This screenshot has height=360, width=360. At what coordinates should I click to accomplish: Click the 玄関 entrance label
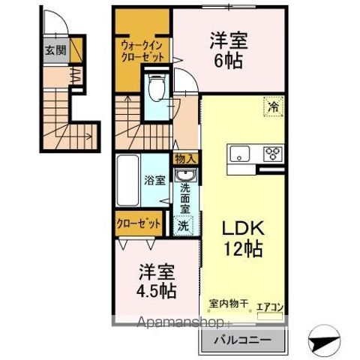point(55,51)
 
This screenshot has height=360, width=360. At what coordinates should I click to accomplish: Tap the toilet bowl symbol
point(156,88)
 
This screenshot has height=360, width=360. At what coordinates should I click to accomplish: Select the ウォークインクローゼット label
point(142,52)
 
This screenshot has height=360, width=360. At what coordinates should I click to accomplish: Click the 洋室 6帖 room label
point(229,51)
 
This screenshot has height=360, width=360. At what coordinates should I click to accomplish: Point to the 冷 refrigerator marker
point(273,106)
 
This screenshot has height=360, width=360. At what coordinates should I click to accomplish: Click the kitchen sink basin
point(240,153)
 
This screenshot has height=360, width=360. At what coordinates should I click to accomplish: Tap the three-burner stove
point(273,154)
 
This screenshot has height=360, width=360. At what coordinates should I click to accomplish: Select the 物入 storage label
point(186,159)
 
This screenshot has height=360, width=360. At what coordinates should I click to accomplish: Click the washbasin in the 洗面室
point(186,175)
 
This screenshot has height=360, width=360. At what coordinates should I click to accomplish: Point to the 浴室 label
point(154,180)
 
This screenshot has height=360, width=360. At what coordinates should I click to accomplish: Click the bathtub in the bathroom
point(128,180)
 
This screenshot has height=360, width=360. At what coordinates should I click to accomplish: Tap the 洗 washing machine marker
point(183,226)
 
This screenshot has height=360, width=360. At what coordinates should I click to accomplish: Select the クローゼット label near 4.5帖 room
point(138,223)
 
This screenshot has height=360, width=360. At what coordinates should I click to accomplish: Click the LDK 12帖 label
point(243,238)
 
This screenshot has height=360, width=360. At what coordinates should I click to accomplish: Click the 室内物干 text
point(229,304)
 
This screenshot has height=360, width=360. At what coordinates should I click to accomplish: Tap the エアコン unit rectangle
point(270,316)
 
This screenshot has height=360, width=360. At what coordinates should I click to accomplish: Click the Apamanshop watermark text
point(181,322)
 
